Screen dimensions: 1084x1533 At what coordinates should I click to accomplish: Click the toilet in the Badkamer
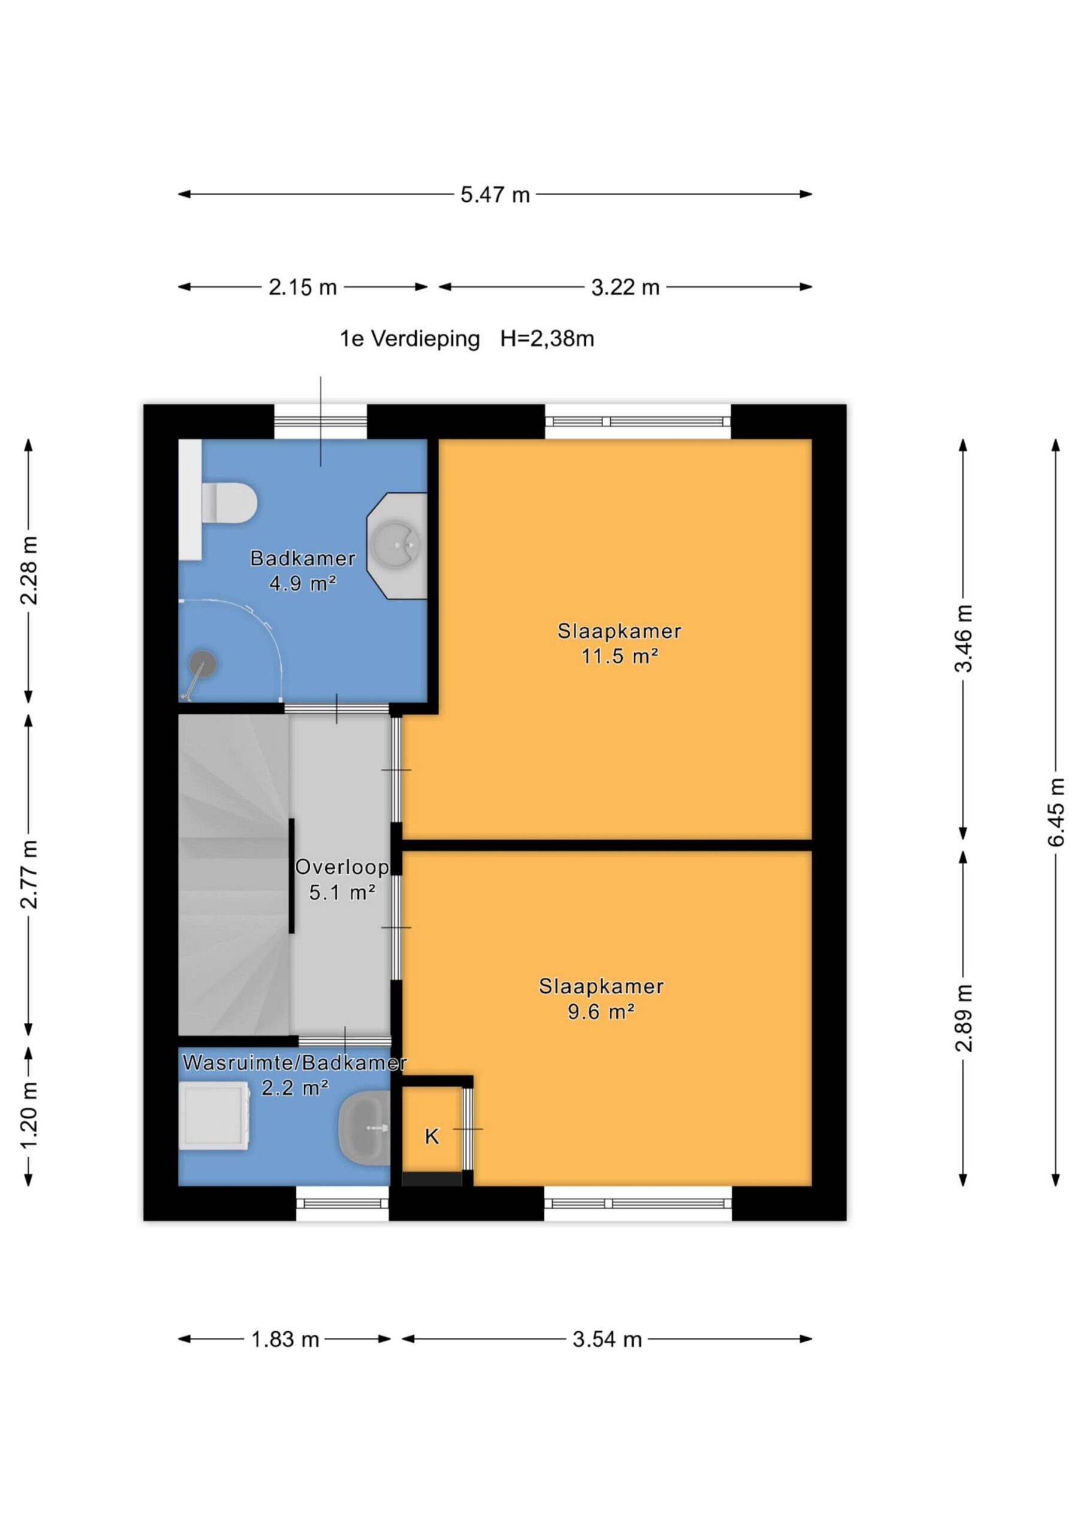click(x=230, y=502)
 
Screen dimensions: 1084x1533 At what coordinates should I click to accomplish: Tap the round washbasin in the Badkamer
click(x=396, y=546)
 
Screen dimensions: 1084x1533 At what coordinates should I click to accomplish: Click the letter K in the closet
click(x=432, y=1136)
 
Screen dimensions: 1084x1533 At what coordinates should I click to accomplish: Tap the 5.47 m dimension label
click(x=495, y=195)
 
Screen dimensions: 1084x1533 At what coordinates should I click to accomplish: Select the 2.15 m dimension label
click(x=302, y=288)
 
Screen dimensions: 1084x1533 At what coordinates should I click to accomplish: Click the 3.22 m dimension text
click(x=625, y=288)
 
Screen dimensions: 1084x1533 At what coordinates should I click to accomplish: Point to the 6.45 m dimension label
click(x=1056, y=812)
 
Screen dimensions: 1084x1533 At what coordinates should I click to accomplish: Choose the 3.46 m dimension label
click(x=963, y=638)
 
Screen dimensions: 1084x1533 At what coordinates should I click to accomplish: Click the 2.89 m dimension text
click(x=963, y=1017)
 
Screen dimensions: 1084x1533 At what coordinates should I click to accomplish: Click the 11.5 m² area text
click(x=620, y=656)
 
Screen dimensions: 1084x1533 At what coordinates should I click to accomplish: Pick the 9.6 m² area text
click(x=601, y=1012)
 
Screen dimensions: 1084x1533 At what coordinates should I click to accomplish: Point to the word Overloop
click(x=342, y=867)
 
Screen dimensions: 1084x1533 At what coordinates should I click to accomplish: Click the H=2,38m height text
click(x=547, y=339)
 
